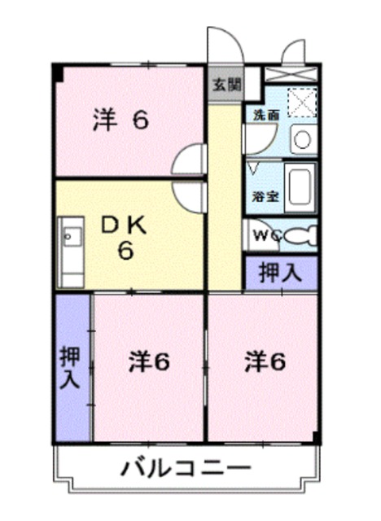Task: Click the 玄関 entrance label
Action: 227,83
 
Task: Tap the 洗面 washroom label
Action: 266,115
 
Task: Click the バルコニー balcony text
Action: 186,469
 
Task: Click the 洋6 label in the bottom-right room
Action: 265,362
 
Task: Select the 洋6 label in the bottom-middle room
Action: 148,362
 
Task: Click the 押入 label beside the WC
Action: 280,273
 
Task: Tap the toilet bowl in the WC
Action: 302,236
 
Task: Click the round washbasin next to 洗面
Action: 302,139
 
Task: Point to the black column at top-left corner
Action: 58,72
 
